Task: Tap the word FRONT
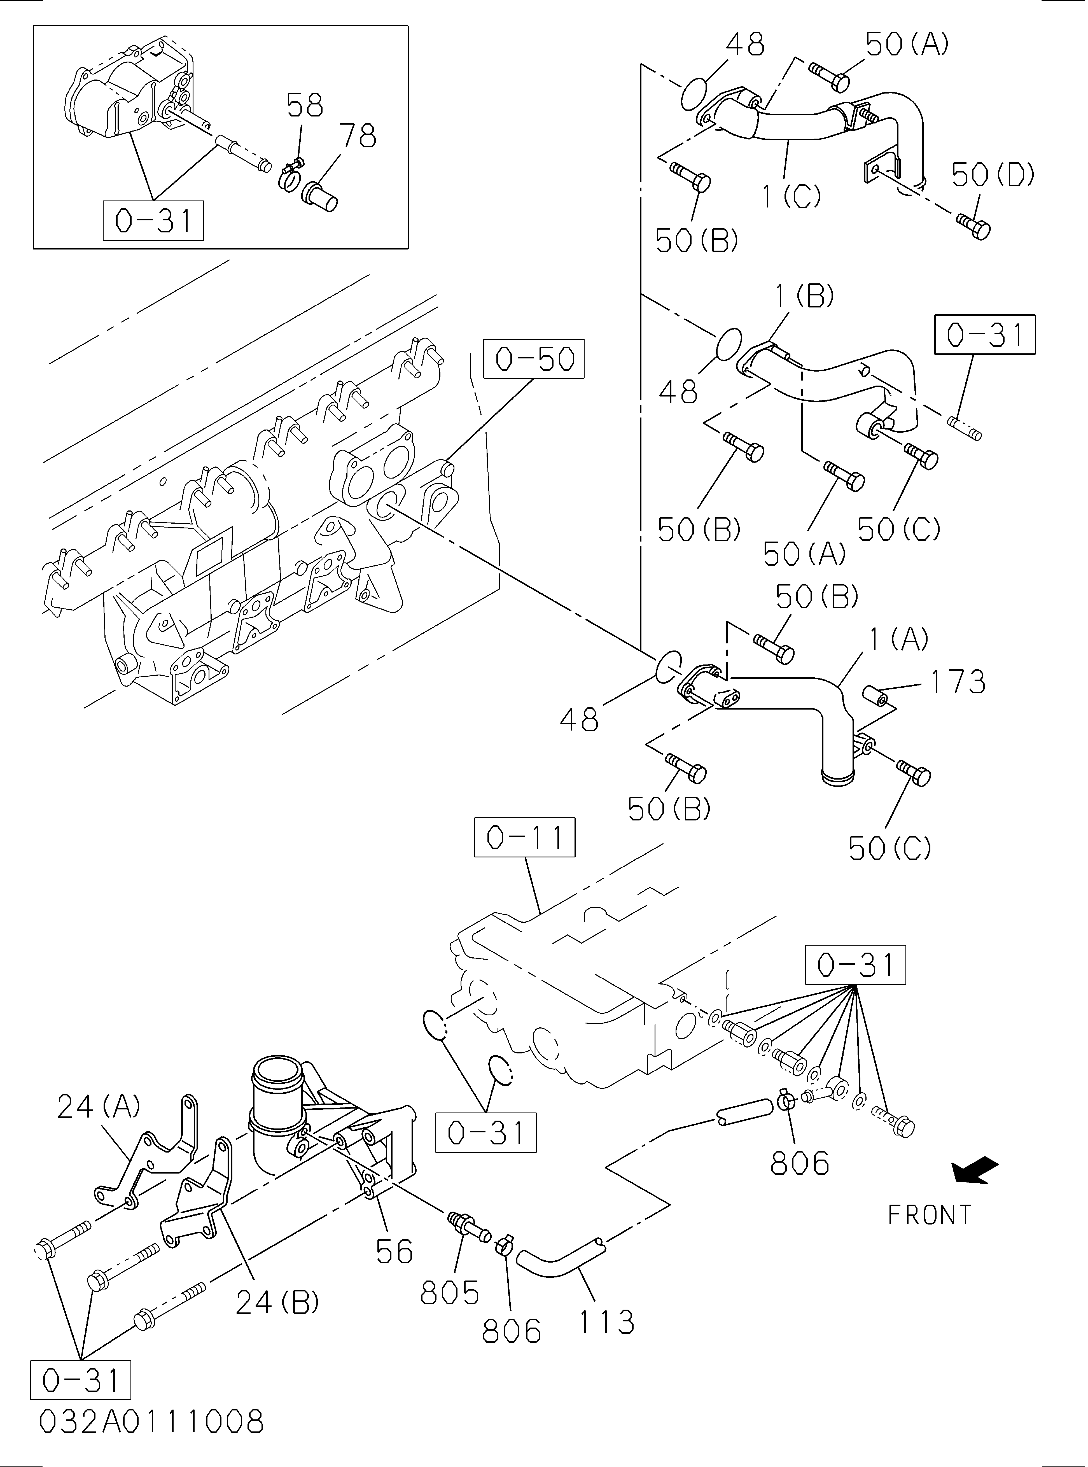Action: [929, 1215]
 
